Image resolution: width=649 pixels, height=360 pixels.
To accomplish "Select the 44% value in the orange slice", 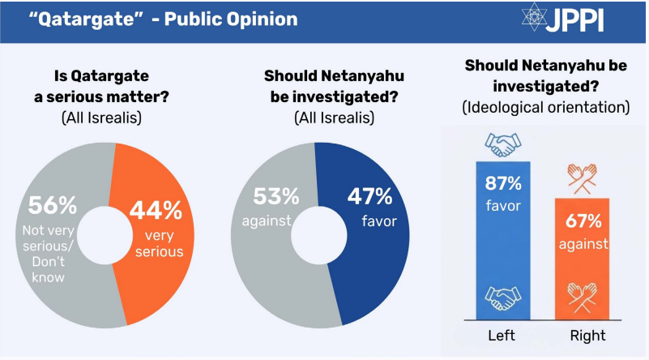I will click(157, 210).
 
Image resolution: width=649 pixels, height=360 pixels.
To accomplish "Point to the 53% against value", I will click(273, 196).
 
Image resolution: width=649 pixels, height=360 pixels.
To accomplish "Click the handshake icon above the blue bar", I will click(504, 144).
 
